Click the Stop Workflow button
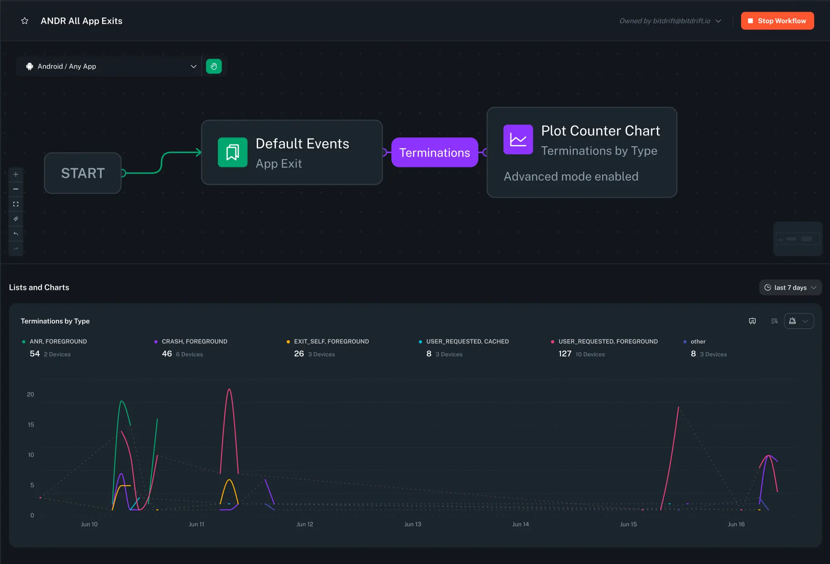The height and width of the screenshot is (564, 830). [x=777, y=21]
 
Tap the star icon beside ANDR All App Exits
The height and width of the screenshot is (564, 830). [x=25, y=21]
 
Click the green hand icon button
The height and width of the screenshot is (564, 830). [x=214, y=66]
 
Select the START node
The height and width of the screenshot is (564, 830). [x=83, y=173]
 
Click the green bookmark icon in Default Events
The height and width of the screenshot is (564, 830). [x=232, y=152]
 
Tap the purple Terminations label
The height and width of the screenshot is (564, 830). [x=435, y=152]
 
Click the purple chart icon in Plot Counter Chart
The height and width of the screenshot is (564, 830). [x=518, y=140]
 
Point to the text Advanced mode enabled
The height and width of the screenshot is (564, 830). [x=571, y=177]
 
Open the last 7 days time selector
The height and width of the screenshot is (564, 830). [x=790, y=287]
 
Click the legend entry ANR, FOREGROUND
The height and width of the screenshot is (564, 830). [x=58, y=341]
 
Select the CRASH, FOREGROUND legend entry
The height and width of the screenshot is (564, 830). [x=194, y=341]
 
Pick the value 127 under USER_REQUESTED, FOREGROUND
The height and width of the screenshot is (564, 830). [x=565, y=354]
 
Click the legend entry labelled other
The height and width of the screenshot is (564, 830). [x=698, y=341]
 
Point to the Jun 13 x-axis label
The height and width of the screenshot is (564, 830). [x=413, y=524]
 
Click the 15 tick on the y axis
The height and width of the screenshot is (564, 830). [x=31, y=424]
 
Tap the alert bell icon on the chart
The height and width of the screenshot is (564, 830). [x=792, y=321]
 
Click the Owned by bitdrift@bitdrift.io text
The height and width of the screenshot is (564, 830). [x=665, y=21]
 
